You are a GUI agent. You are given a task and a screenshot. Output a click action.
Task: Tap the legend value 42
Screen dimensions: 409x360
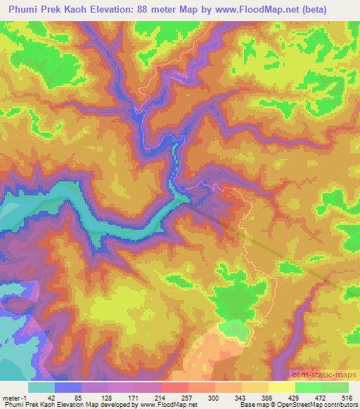tap(51, 397)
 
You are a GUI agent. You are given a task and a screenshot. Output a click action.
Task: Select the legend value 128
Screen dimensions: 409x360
tap(106, 397)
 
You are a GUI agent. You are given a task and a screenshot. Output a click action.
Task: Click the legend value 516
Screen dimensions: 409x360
tap(346, 397)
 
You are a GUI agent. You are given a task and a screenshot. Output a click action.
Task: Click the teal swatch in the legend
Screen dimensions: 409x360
tap(41, 387)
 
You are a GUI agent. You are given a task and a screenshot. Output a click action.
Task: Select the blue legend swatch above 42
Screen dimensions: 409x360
tap(68, 387)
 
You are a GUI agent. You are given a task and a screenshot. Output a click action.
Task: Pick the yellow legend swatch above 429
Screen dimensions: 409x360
tap(282, 387)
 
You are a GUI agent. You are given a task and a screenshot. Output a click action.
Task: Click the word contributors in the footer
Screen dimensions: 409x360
tap(340, 405)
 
